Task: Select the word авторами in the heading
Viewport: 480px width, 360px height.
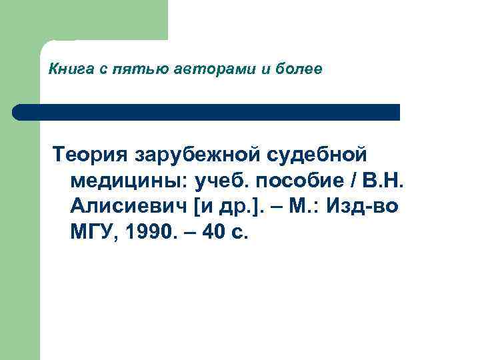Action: tap(201, 69)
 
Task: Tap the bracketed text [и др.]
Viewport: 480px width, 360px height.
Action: tap(227, 207)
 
